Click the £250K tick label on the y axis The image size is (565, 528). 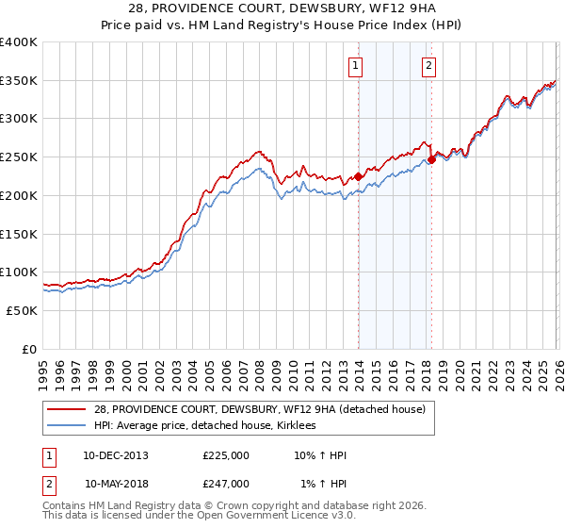[x=19, y=157]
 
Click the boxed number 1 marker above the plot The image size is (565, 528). [x=356, y=65]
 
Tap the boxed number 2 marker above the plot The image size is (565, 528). [x=428, y=65]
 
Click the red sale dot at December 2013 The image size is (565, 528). [x=358, y=175]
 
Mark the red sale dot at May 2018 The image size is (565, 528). [x=431, y=159]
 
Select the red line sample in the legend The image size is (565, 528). [x=67, y=409]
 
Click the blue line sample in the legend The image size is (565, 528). [x=67, y=426]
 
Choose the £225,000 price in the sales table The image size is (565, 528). [x=226, y=455]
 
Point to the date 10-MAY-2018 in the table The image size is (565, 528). [x=116, y=484]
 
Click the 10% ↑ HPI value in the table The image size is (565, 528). [x=320, y=455]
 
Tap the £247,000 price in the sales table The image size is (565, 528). [x=226, y=484]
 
